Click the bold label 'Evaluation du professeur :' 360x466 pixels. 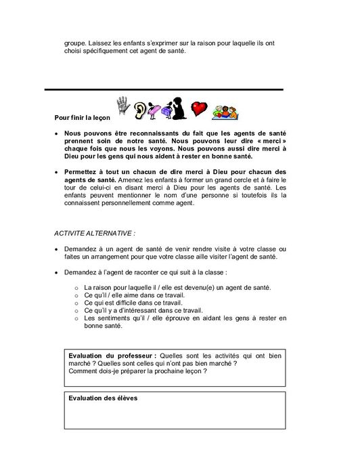click(x=112, y=355)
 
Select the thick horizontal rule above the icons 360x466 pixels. click(x=163, y=89)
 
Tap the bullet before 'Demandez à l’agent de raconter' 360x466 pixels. click(x=57, y=272)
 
